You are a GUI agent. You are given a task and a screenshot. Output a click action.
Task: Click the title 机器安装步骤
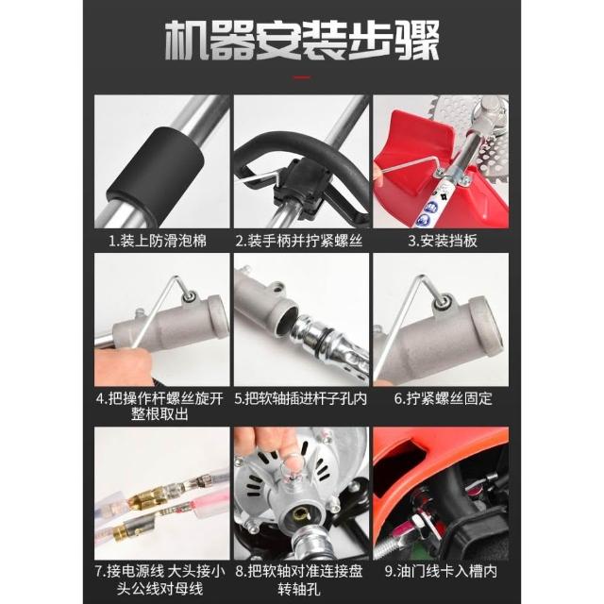coord(302,41)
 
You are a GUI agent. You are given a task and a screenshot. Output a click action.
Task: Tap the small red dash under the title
coord(302,77)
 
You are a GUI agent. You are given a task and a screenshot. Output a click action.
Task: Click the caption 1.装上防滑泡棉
coord(158,242)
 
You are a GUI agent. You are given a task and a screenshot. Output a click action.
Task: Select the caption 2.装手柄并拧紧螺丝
coord(299,242)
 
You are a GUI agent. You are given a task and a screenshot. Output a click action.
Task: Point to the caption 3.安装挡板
coord(443,242)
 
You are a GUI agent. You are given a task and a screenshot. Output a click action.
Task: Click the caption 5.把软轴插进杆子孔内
coord(301,399)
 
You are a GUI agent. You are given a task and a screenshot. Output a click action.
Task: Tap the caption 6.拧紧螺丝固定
coord(443,399)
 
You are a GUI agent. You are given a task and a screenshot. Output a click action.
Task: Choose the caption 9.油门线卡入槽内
coord(441,571)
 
